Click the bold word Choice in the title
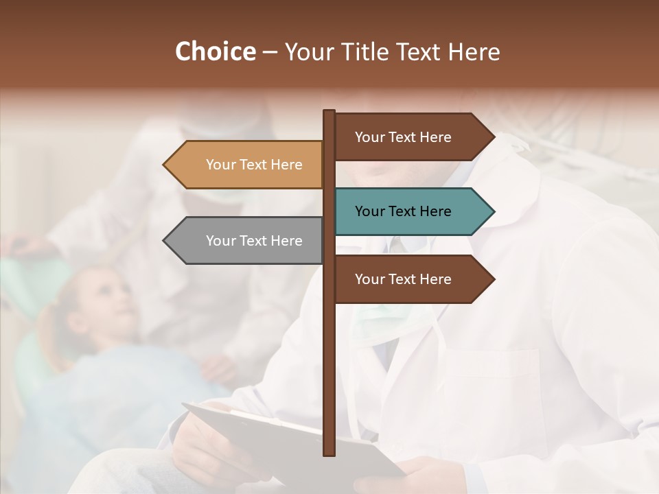tap(215, 52)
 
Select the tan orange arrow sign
tap(247, 165)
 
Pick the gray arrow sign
tap(247, 241)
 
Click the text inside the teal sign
tap(403, 211)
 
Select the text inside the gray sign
tap(254, 241)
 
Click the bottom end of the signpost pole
tap(329, 453)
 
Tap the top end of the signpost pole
tap(329, 113)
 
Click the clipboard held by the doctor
tap(288, 439)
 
